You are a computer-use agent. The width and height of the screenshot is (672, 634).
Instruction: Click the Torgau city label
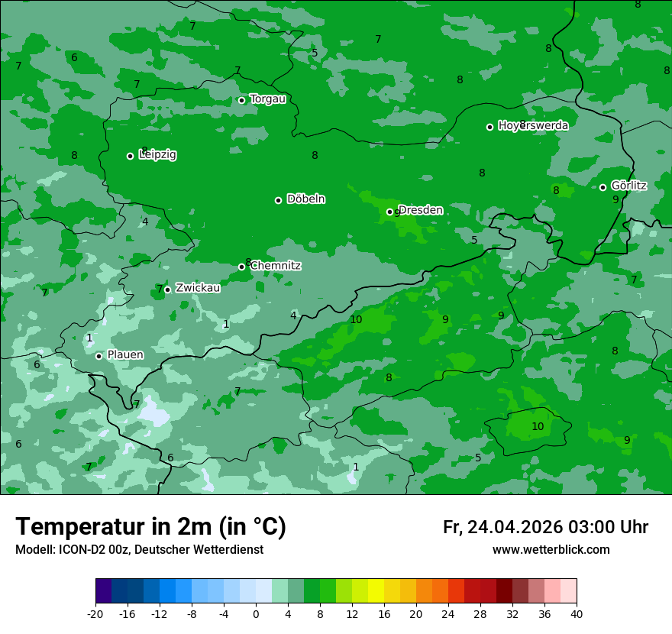coord(267,99)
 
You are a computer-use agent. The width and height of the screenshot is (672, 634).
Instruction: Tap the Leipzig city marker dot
coord(130,156)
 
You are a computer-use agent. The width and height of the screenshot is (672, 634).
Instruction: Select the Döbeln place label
coord(305,199)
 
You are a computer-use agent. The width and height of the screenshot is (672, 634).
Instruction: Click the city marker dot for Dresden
coord(389,212)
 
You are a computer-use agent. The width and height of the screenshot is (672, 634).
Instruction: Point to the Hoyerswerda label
coord(533,126)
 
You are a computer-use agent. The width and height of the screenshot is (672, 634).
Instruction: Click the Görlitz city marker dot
coord(603,187)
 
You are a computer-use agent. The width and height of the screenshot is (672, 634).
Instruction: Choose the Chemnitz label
coord(276,266)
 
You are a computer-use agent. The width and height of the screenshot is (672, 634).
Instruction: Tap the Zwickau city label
coord(198,288)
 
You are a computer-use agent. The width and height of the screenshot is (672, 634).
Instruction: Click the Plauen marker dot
coord(99,356)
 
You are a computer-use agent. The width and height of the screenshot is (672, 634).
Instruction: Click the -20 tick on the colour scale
coord(95,613)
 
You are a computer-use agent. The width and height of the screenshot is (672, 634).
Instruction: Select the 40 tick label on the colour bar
coord(577,613)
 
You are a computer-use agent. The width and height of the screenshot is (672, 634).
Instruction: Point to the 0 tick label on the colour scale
coord(256,613)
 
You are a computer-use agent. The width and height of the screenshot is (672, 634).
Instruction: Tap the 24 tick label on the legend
coord(448,613)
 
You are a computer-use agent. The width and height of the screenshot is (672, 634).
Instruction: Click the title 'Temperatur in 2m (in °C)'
coord(150,526)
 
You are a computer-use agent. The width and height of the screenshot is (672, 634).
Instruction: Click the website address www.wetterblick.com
coord(551,549)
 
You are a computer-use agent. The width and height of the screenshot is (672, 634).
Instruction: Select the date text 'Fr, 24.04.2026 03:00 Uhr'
coord(545,527)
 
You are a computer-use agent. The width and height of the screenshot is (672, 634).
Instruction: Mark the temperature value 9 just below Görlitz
coord(615,199)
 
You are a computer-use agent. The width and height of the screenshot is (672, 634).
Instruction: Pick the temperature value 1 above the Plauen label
coord(89,338)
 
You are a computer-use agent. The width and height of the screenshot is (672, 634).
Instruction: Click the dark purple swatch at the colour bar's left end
coord(103,591)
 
